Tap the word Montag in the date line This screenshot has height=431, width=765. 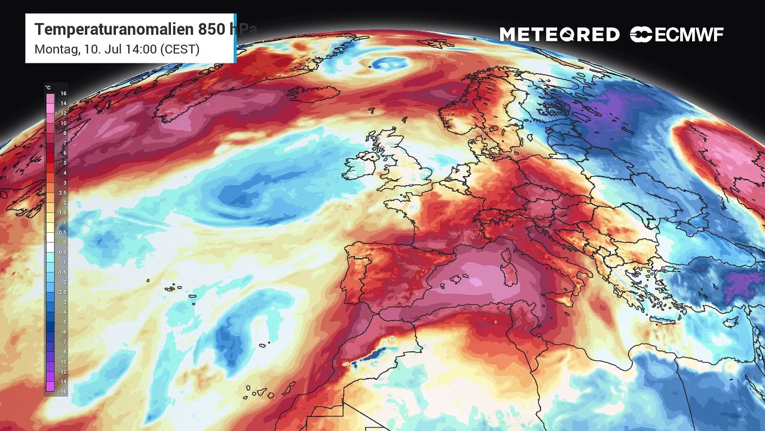click(x=55, y=49)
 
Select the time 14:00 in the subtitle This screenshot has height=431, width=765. click(x=136, y=49)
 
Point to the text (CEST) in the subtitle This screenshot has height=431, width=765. click(x=179, y=49)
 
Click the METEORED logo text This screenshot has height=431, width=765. click(x=559, y=35)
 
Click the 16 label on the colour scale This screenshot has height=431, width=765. click(x=63, y=94)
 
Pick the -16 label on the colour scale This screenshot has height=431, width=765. click(x=63, y=391)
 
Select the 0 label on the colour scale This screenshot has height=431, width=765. click(x=64, y=242)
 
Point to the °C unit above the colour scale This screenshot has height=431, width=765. click(x=48, y=87)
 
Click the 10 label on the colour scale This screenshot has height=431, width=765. click(x=63, y=123)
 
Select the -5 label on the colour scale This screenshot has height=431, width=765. click(x=63, y=321)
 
